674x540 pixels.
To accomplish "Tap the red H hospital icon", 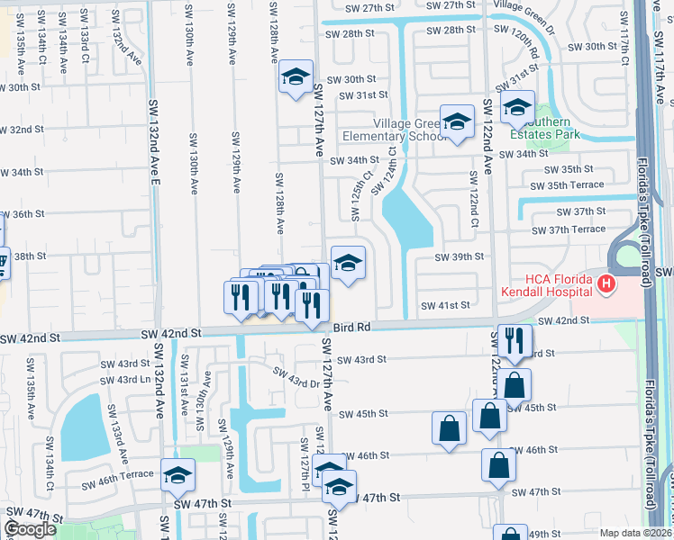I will (x=606, y=285).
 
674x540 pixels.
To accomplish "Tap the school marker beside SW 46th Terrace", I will (x=178, y=474).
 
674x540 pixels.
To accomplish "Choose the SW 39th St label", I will (x=460, y=256).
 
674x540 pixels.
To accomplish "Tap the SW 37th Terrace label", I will (x=569, y=229).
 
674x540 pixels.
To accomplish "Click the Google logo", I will (x=30, y=529).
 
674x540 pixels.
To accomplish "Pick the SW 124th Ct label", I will (x=390, y=172).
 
